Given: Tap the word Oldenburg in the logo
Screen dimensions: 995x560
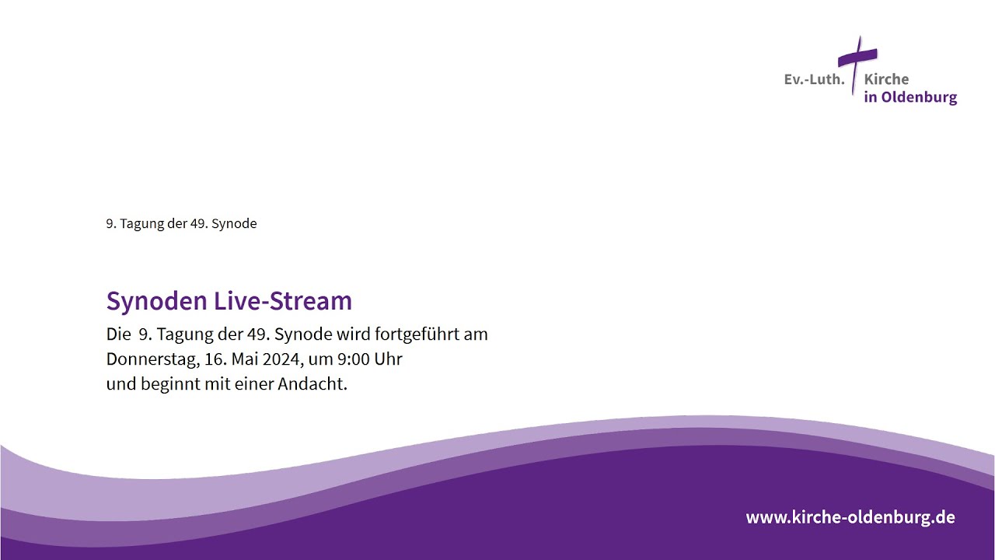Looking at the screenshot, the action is click(919, 97).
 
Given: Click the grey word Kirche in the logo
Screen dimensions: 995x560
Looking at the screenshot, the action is click(887, 79).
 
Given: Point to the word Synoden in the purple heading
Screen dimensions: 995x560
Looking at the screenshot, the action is click(157, 301).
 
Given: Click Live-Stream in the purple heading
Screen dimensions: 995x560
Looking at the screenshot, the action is click(283, 300).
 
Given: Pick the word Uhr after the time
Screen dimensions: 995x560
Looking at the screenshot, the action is click(388, 359).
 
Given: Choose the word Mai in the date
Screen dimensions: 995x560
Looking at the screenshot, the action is click(245, 359).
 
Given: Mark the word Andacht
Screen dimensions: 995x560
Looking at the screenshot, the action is click(312, 384).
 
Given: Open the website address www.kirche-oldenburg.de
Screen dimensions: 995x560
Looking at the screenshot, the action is click(850, 517).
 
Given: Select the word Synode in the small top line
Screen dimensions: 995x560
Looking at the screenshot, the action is click(234, 223).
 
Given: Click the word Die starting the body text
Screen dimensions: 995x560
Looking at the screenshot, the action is click(118, 334).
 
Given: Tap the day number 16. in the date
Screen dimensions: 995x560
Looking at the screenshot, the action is click(215, 359).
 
